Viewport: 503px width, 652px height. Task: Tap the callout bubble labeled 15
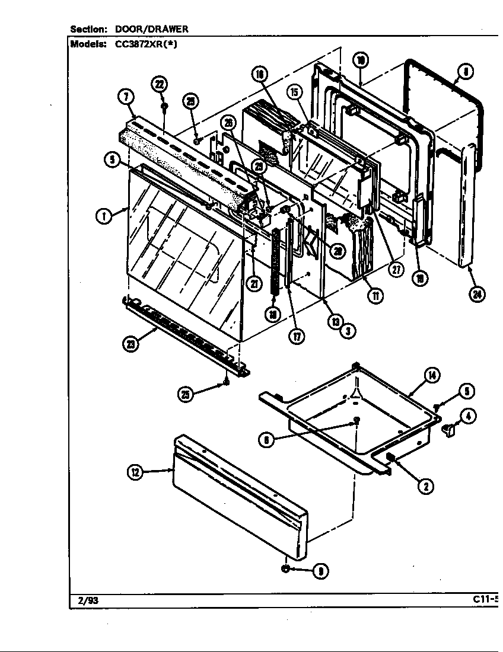pos(295,92)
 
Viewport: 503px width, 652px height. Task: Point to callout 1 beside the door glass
pos(103,216)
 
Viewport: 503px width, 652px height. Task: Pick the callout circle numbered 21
pos(254,283)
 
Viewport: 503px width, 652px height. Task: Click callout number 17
pos(296,336)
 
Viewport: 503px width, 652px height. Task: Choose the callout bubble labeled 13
pos(335,322)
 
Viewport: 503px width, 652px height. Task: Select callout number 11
pos(374,295)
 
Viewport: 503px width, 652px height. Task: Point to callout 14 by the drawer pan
pos(432,375)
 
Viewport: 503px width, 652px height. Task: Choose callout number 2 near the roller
pos(425,487)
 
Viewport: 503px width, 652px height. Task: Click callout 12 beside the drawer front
pos(135,472)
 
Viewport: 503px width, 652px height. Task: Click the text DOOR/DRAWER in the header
pos(151,29)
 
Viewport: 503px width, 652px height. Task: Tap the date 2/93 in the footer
pos(88,600)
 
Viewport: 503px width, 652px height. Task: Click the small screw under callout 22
pos(165,106)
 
